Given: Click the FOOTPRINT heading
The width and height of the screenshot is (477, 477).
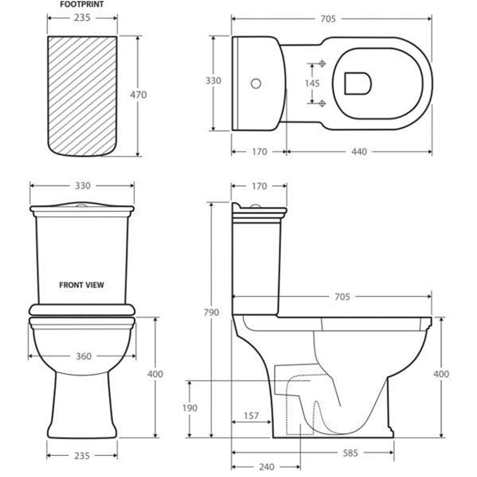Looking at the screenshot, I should tap(82, 5).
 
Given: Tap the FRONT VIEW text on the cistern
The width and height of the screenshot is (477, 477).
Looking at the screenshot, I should tap(82, 285).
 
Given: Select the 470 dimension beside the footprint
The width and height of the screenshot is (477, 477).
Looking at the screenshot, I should tap(138, 95).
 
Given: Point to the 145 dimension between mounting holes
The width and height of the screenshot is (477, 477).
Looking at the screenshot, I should tap(312, 83).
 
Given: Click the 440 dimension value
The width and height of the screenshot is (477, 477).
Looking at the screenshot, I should tap(359, 151).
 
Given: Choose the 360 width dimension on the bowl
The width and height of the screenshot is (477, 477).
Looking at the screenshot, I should tap(83, 356).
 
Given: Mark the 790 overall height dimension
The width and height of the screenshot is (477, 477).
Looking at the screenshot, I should tap(212, 312).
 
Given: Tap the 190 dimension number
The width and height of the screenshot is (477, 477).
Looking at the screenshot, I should tap(189, 408).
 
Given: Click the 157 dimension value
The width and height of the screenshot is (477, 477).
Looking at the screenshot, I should tap(250, 416).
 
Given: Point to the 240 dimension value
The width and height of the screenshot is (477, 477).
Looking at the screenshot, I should tap(266, 467).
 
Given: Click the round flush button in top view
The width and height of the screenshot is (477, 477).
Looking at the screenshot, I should tap(256, 83).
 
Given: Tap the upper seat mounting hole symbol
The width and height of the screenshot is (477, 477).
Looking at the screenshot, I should tap(322, 64).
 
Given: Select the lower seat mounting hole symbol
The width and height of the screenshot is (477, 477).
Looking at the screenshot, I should tap(322, 103).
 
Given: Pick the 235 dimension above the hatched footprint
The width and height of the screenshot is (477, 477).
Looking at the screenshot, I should tap(82, 18).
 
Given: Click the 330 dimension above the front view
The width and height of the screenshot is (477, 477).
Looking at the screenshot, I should tap(82, 186).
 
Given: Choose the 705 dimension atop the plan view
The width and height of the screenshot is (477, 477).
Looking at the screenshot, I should tap(328, 19).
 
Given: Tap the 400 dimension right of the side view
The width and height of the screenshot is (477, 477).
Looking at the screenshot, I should tap(441, 374).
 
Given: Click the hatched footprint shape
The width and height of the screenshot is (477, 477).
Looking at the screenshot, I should tap(82, 95).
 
